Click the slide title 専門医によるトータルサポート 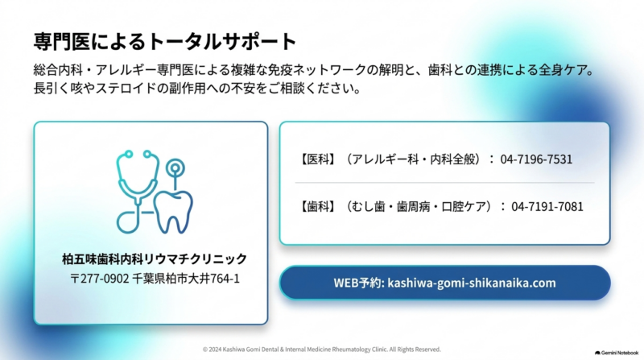point(165,42)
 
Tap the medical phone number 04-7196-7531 point(536,159)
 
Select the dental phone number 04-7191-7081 point(547,206)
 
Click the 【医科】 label point(317,159)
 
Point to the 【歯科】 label point(317,206)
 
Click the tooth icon point(173,212)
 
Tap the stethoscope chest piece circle point(127,222)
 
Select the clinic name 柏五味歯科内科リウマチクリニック point(155,259)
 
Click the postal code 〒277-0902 point(99,279)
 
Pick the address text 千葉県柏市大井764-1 point(186,279)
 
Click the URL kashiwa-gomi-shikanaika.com point(472,283)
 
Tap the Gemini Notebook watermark point(617,353)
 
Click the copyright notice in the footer point(321,350)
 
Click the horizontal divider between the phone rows point(445,183)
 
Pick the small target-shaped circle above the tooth point(175,168)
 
